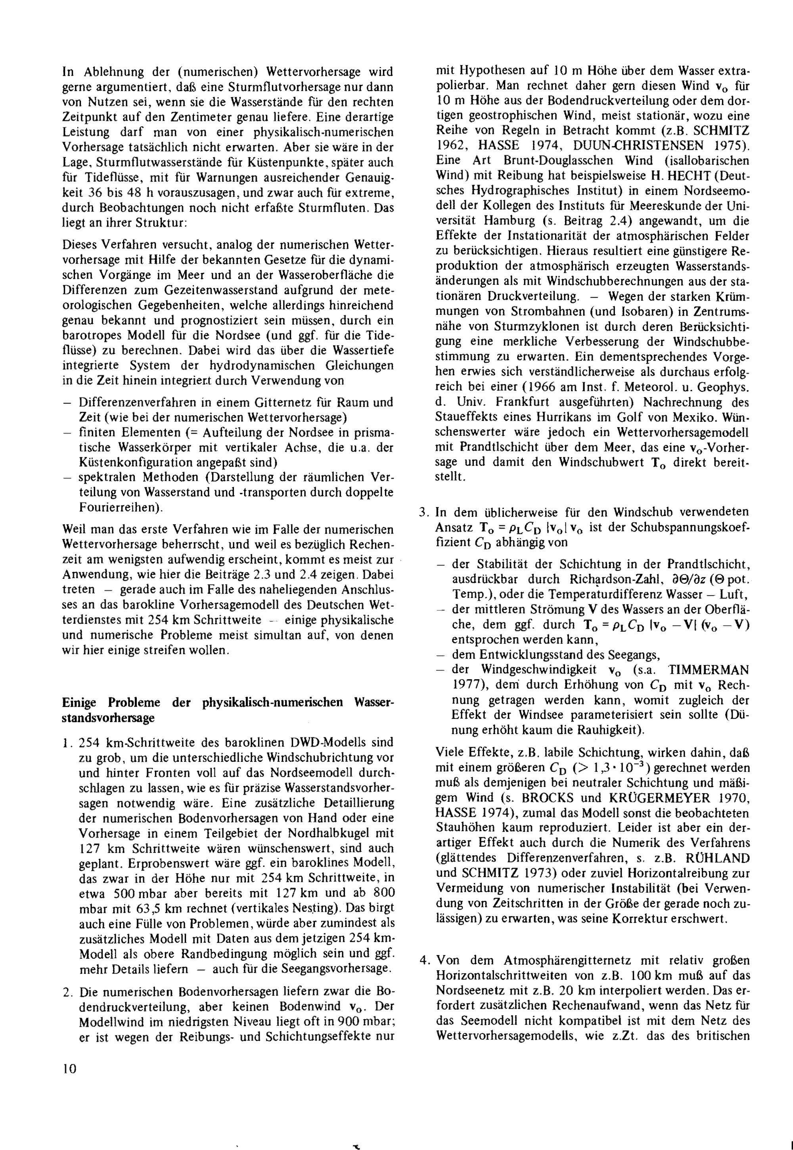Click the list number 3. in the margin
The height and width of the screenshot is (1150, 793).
pos(423,512)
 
